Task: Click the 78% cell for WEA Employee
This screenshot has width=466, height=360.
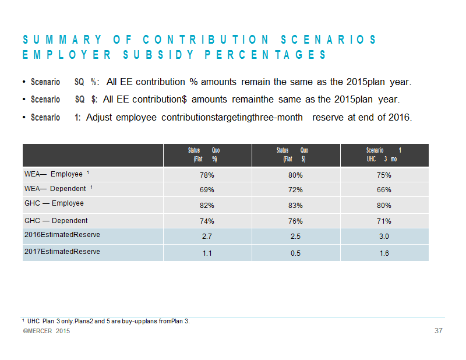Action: [x=207, y=175]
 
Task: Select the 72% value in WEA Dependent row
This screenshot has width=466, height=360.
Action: [x=295, y=190]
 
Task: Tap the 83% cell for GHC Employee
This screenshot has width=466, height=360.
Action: [x=295, y=206]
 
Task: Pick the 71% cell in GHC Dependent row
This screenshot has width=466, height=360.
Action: [x=384, y=221]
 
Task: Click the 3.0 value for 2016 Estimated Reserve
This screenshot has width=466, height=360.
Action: [x=384, y=237]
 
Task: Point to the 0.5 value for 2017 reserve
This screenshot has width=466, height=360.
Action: [x=295, y=253]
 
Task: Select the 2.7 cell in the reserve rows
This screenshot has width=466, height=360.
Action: [x=207, y=237]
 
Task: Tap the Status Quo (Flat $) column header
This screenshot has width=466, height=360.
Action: [x=292, y=154]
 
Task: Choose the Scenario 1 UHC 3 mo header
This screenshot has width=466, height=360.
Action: [x=384, y=154]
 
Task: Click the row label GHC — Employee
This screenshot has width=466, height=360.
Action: [x=54, y=203]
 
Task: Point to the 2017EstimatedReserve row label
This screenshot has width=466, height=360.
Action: [x=62, y=252]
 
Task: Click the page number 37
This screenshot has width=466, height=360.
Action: [x=439, y=330]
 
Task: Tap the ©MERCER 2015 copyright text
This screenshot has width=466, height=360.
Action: [x=47, y=331]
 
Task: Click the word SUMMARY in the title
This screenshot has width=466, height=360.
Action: [x=62, y=40]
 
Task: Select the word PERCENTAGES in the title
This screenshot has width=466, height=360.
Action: [x=266, y=55]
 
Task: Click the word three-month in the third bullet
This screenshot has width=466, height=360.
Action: [x=281, y=118]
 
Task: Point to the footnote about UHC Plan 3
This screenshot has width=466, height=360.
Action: [x=106, y=321]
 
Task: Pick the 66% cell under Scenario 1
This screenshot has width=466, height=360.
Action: [x=384, y=190]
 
